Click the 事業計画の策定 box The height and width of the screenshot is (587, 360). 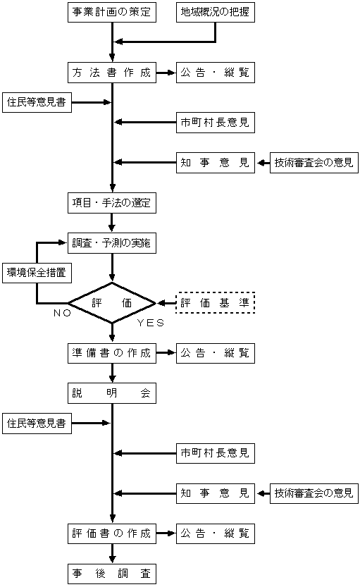[112, 12]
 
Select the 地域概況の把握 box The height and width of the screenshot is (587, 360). [216, 12]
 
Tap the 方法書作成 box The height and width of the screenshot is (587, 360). [112, 73]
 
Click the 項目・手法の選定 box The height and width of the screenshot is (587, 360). [112, 203]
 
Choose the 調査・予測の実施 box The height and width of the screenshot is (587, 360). [112, 243]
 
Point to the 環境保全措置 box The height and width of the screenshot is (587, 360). [37, 273]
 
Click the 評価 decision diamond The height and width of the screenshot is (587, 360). [112, 303]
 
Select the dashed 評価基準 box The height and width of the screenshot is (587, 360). [216, 303]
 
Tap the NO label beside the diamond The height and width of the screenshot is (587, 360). [62, 313]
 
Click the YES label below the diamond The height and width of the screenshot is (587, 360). [151, 323]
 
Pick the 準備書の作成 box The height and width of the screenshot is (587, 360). [112, 353]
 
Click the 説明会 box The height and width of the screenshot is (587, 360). [112, 393]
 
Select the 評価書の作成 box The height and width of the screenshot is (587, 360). [112, 533]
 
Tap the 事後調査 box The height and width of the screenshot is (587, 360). [112, 574]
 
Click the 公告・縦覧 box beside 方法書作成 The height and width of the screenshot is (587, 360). [216, 73]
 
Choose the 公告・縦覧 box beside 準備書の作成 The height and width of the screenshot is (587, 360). [216, 353]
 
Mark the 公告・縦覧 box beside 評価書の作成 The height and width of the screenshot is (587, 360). [216, 533]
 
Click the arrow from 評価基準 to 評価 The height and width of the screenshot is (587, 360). [166, 303]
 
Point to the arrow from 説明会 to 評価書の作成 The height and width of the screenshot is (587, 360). [112, 463]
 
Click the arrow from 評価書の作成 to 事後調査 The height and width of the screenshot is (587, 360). [112, 554]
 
